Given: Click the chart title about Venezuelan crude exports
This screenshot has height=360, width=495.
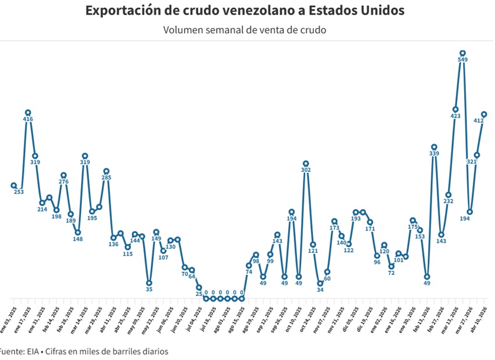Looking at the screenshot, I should click(245, 11).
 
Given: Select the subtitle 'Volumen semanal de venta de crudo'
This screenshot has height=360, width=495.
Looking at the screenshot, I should click(245, 30).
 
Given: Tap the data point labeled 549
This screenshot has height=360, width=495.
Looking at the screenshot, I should click(463, 53).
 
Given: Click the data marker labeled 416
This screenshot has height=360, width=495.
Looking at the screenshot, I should click(27, 112).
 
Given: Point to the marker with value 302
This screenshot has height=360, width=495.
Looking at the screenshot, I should click(306, 164).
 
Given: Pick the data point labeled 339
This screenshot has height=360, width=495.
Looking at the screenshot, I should click(434, 147).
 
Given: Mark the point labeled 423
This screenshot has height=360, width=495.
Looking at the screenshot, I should click(455, 109).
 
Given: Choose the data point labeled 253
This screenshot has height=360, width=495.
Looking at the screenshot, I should click(13, 185).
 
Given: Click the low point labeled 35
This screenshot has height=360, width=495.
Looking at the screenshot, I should click(149, 283).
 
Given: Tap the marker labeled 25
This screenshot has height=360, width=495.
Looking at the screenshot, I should click(199, 287).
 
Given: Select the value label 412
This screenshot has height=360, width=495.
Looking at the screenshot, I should click(479, 121).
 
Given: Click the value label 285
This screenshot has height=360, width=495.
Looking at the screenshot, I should click(107, 178).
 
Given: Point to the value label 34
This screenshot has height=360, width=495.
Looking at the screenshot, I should click(320, 290).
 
